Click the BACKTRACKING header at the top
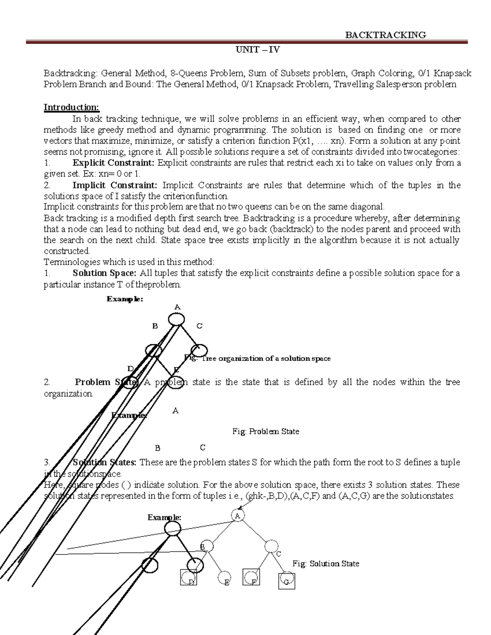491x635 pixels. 385,35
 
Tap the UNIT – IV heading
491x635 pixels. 257,50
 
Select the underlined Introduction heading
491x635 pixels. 72,107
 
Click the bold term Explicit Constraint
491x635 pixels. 113,163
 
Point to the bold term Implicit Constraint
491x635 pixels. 115,185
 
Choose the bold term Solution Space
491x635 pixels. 104,273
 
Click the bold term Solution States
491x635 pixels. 105,462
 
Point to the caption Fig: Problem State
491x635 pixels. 266,431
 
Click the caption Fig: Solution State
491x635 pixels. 326,564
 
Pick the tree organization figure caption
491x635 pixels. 258,359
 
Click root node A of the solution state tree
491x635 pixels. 237,516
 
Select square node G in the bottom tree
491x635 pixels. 286,581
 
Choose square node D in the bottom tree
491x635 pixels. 189,579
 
